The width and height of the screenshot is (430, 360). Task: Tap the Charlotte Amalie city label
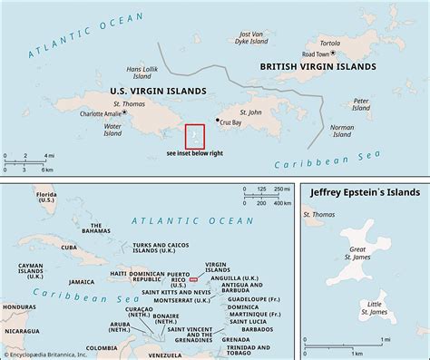[x=101, y=113]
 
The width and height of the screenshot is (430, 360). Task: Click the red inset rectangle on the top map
[x=194, y=136]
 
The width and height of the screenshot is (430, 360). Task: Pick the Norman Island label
[x=342, y=131]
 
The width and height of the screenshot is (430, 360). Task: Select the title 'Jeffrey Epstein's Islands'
[x=366, y=193]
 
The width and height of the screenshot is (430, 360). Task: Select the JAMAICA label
[x=82, y=282]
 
